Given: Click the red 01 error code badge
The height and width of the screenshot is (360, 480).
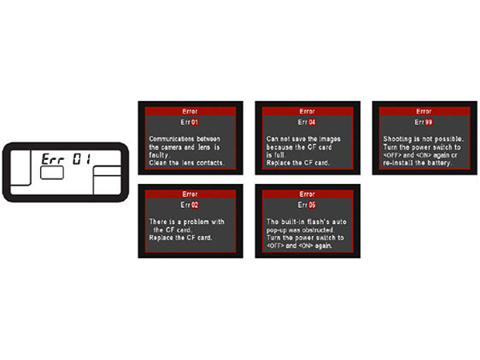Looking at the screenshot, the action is tap(195, 122).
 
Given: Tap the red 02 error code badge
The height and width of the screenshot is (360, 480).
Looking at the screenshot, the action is tap(195, 205).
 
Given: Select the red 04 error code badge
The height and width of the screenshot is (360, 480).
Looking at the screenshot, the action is tap(312, 122).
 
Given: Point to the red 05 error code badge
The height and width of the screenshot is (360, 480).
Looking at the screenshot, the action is tap(312, 205).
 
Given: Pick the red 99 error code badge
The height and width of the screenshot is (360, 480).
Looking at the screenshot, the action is tap(429, 122).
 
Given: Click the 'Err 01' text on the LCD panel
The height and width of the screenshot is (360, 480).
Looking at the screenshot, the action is tap(66, 159).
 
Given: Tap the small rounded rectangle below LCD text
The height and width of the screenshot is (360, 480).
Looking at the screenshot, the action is tap(52, 173).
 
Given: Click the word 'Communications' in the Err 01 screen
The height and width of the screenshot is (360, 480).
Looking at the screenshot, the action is tap(171, 138).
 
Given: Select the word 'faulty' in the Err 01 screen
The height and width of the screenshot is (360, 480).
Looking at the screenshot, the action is tap(158, 155).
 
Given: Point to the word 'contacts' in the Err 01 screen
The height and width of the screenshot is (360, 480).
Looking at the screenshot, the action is tap(210, 163).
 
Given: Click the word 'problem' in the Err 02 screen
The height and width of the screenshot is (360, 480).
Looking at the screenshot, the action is tap(196, 222).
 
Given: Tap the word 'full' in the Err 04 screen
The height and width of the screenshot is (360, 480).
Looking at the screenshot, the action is tap(279, 155).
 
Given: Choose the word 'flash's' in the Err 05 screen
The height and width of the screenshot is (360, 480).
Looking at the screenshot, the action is tap(318, 222).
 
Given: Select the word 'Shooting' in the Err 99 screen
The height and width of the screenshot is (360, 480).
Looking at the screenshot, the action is tap(397, 139).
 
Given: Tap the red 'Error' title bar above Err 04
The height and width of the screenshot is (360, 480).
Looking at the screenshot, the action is tap(308, 111).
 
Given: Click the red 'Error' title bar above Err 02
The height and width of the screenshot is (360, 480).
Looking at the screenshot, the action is tap(190, 194).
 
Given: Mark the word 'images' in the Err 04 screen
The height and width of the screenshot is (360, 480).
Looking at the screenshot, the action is tap(330, 139).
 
